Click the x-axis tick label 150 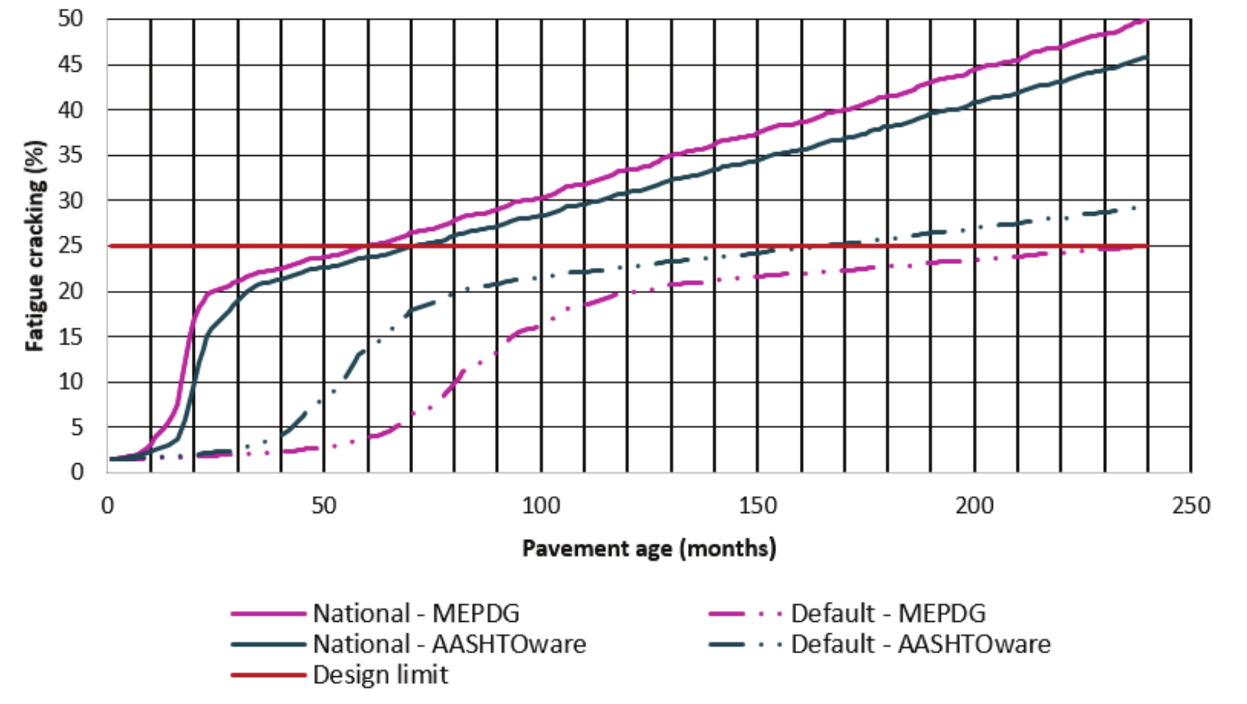(758, 506)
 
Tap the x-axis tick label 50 (324, 506)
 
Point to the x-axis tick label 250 (1191, 506)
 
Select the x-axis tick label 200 (974, 506)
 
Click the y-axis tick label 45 (70, 64)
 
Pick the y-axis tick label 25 (70, 246)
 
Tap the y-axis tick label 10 (70, 382)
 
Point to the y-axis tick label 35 (70, 155)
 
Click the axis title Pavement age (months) (649, 549)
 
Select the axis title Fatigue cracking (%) (35, 246)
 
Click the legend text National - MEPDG (416, 614)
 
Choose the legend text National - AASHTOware (450, 645)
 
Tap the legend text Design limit (380, 675)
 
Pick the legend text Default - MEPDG (888, 614)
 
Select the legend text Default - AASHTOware (921, 645)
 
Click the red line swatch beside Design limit (268, 675)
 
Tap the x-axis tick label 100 (541, 506)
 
